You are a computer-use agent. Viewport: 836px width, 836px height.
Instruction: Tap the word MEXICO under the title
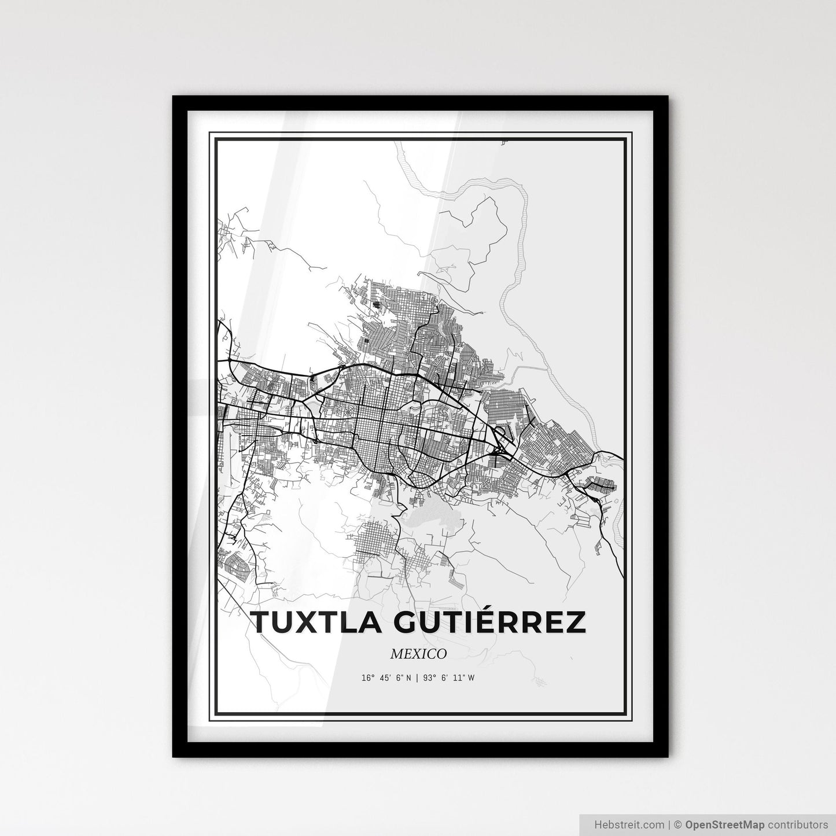tap(418, 654)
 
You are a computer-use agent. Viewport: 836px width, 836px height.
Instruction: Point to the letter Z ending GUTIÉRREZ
tap(574, 623)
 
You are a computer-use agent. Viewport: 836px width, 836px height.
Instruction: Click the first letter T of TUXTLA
tap(261, 623)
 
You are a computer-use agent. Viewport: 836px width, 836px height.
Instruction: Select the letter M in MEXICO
tap(396, 654)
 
